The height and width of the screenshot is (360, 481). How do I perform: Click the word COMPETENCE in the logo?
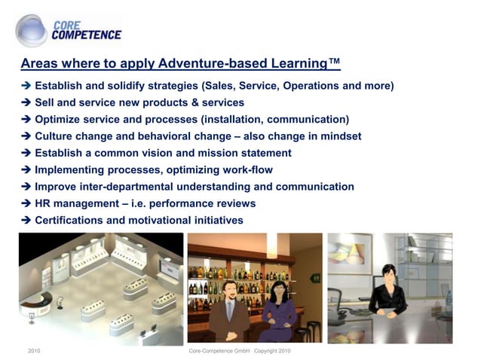(86, 35)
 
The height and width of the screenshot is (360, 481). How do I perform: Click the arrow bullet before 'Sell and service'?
(26, 102)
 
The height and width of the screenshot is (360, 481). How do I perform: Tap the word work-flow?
(246, 169)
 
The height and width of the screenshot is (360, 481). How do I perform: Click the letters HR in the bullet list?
(44, 203)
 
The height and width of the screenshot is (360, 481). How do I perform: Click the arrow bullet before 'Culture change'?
(26, 136)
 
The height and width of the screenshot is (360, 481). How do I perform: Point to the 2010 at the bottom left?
(34, 352)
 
